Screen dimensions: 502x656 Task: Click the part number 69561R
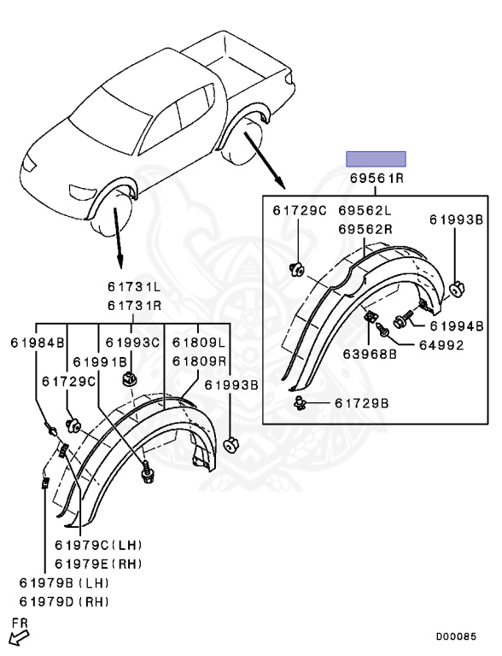pos(376,179)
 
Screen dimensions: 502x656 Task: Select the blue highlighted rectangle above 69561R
pos(376,159)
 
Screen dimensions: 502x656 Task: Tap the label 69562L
pos(365,210)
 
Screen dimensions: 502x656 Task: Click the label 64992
pos(441,345)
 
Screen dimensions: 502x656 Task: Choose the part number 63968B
pos(370,354)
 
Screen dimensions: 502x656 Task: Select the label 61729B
pos(361,403)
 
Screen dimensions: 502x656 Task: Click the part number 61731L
pos(134,287)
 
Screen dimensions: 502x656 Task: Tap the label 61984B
pos(38,343)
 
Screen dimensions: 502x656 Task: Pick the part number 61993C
pos(132,343)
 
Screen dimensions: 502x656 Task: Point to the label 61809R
pos(199,360)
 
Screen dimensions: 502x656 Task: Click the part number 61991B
pos(100,361)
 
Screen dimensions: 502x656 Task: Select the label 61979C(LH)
pos(99,545)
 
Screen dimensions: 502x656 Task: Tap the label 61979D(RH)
pos(64,602)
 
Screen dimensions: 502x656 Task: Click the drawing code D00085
pos(457,636)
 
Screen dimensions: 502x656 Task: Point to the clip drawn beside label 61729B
pos(301,403)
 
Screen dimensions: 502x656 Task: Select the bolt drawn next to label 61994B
pos(404,319)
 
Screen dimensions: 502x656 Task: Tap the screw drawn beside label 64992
pos(382,329)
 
